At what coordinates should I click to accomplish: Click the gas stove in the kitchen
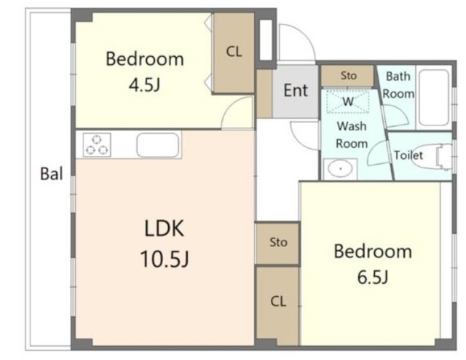pos(97,144)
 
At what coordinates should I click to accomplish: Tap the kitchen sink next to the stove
pos(158,145)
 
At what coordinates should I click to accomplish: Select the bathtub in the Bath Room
pos(434,98)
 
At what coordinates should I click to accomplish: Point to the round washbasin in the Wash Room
pos(340,169)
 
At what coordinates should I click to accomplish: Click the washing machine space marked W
pos(348,101)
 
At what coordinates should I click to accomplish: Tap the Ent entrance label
pos(296,90)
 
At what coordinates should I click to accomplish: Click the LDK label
pos(164,228)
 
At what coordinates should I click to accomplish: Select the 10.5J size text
pos(165,259)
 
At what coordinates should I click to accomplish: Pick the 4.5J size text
pos(144,85)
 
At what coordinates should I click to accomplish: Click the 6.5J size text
pos(373,278)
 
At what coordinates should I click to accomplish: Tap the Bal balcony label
pos(52,173)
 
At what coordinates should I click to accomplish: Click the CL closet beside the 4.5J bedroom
pos(234,52)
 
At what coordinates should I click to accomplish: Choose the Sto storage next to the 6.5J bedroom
pos(277,243)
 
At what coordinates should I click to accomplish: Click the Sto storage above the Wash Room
pos(347,76)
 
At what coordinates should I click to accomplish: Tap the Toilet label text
pos(408,155)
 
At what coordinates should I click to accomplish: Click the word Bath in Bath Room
pos(398,77)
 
